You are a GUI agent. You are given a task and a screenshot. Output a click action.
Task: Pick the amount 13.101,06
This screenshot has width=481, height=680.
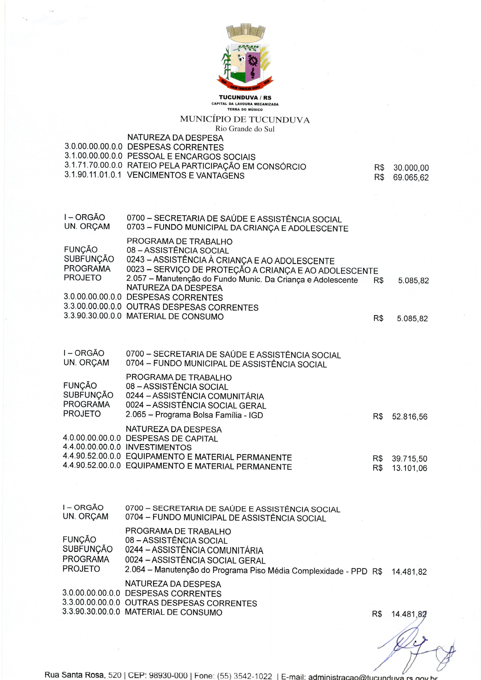(409, 468)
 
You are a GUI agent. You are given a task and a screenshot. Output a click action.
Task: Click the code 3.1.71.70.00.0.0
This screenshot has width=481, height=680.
(93, 166)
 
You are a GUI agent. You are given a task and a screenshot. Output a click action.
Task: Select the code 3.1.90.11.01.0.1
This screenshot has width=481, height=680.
(93, 175)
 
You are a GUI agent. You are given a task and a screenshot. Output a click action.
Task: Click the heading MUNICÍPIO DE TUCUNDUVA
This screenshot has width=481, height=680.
(245, 120)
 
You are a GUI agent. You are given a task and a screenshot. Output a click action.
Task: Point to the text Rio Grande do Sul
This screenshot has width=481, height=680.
(245, 129)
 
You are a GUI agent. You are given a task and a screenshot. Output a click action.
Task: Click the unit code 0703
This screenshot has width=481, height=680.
(136, 228)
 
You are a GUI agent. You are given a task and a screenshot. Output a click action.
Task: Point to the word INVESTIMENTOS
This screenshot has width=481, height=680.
(158, 447)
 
